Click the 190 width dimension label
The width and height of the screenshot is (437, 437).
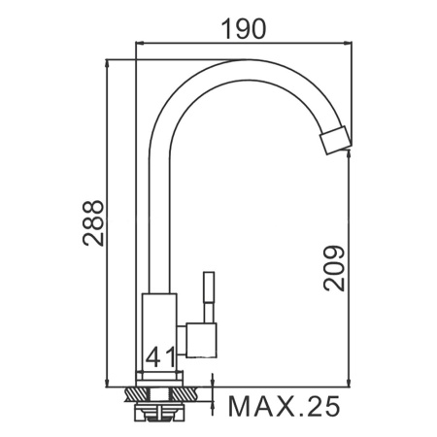244,29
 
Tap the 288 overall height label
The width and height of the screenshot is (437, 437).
93,223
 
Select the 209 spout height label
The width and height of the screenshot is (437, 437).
334,268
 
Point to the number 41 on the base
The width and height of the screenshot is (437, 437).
160,357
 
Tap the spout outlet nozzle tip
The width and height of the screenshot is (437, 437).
336,141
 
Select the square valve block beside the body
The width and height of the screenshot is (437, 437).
201,340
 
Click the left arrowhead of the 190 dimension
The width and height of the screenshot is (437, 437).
140,42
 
